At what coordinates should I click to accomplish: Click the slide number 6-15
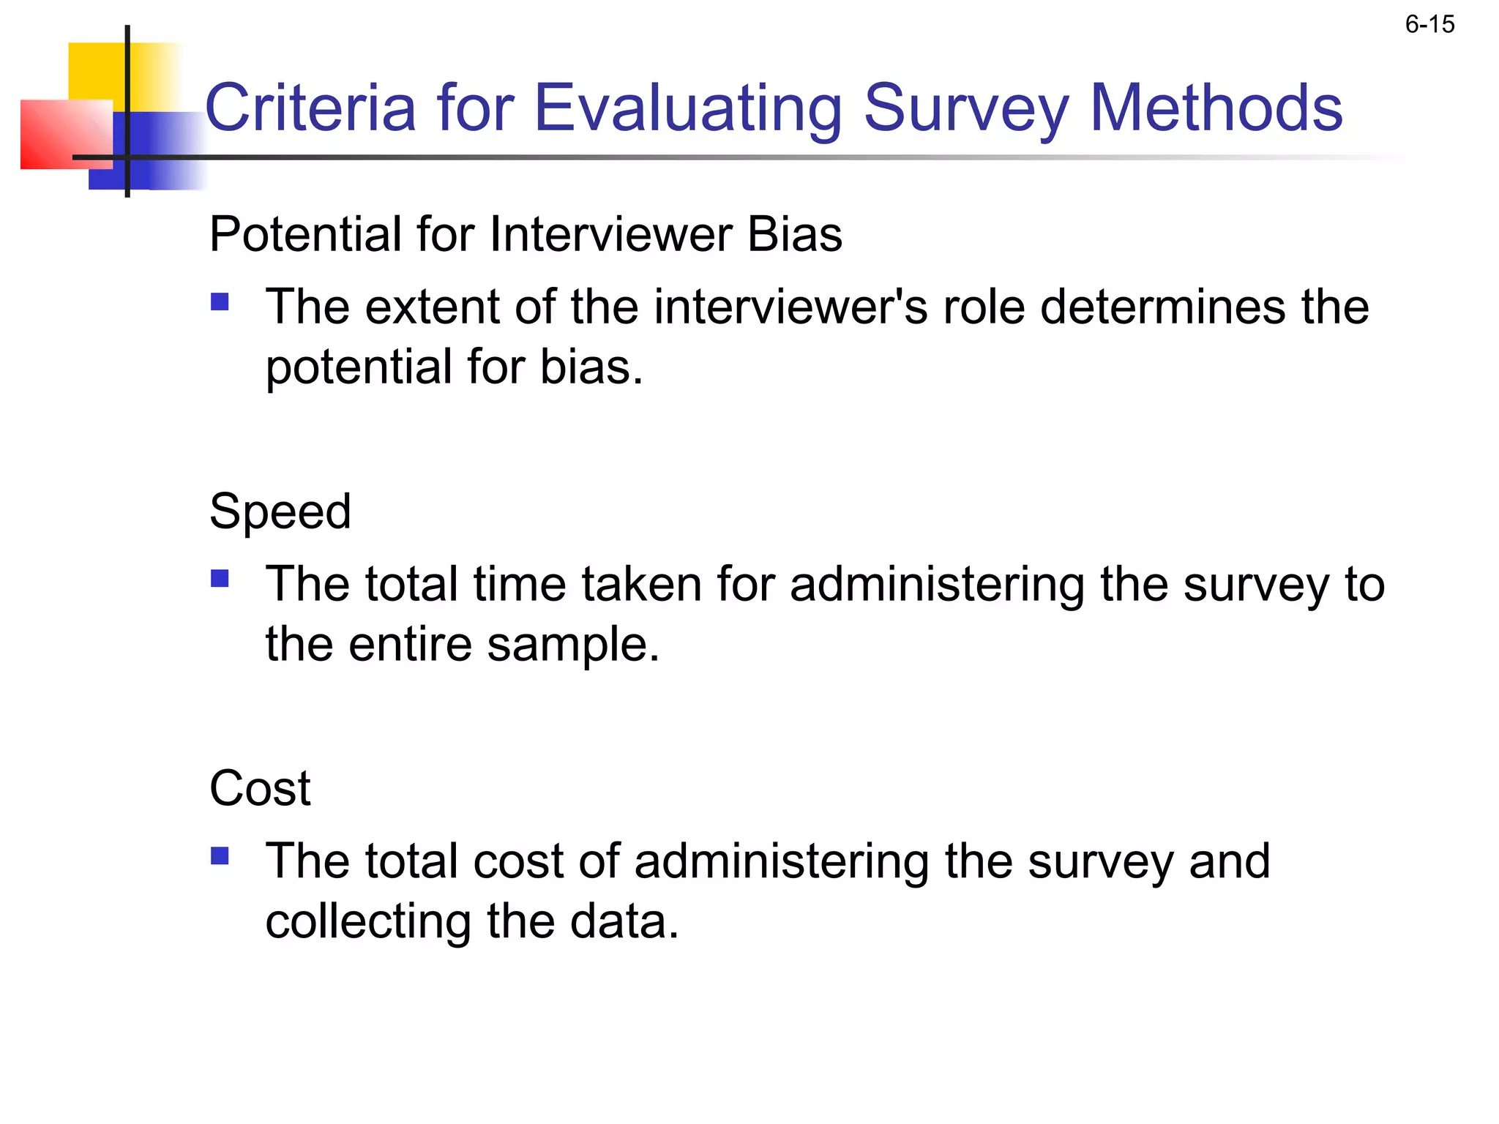click(x=1429, y=25)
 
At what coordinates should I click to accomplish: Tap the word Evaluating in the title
click(x=689, y=108)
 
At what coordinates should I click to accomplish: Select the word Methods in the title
click(x=1216, y=108)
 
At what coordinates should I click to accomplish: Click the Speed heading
click(x=280, y=511)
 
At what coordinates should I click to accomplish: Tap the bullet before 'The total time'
click(x=220, y=580)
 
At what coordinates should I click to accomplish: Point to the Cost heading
click(x=260, y=788)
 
